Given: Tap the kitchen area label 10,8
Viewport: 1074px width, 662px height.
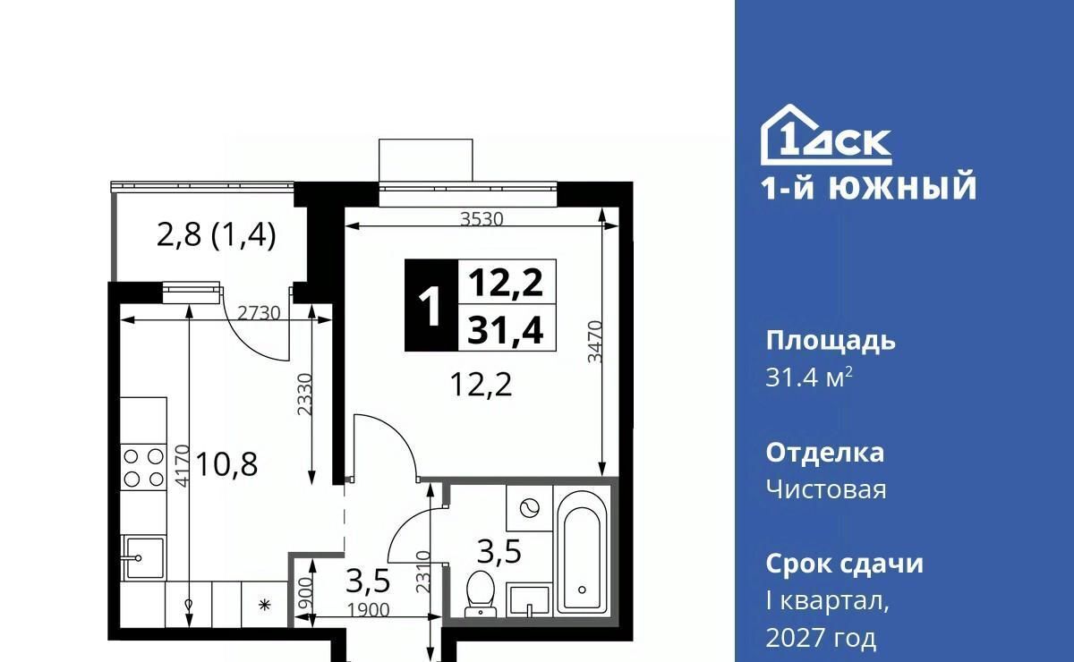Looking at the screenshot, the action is point(226,464).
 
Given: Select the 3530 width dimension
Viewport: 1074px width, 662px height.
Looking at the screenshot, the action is point(482,219).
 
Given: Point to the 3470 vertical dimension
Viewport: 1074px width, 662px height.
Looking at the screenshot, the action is point(595,342).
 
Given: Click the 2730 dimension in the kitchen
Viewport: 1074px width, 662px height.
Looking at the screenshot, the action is point(259,313).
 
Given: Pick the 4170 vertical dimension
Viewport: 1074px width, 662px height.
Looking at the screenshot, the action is point(183,466).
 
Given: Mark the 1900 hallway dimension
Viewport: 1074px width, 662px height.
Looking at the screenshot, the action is point(368,610).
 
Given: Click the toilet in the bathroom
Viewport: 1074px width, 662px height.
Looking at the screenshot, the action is point(480,593).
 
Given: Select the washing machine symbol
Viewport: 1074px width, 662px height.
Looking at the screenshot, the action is point(529,507).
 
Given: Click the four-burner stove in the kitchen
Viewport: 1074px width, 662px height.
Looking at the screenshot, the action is point(143,467).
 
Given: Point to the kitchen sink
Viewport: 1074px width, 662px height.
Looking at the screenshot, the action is point(143,558).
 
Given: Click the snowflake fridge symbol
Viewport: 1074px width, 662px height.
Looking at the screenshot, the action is point(264,605).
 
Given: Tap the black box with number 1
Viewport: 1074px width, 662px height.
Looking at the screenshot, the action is point(431,305).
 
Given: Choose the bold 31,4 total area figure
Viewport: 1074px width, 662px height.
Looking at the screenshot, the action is point(506,329).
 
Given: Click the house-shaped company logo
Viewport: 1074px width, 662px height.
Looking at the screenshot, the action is point(826,135).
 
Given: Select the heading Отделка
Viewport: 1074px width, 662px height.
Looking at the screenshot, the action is point(824,453).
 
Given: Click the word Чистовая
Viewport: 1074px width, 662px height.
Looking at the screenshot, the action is point(826,490).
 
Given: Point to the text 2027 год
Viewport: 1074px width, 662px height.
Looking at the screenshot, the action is point(821,638).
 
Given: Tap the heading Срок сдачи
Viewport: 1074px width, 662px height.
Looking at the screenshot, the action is point(844,564).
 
